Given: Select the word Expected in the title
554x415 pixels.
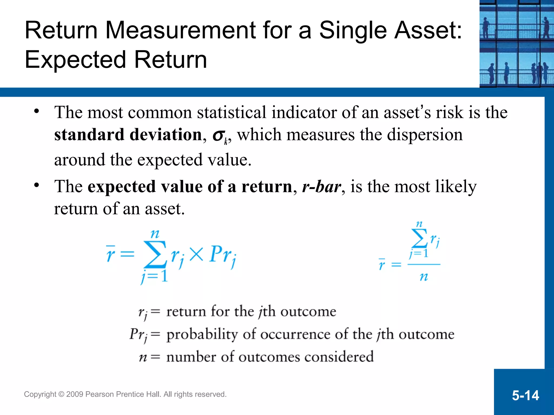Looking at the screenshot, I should tap(75, 60).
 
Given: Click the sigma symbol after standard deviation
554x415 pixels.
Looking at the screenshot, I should tap(219, 135).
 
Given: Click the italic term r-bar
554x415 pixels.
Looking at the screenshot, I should tap(321, 186).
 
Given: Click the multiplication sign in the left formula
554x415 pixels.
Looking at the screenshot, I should tap(196, 255).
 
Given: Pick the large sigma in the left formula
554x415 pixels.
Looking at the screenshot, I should tap(155, 254).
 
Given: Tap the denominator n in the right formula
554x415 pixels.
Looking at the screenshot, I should tap(424, 277).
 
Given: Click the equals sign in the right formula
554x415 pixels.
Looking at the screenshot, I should tap(396, 265).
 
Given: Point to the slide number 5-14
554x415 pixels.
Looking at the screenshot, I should tap(525, 395).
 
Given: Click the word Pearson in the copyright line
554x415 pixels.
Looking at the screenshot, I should tap(99, 394).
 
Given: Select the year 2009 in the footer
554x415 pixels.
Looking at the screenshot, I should tap(74, 394).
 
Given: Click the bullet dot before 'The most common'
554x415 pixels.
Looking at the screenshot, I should tap(37, 111).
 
